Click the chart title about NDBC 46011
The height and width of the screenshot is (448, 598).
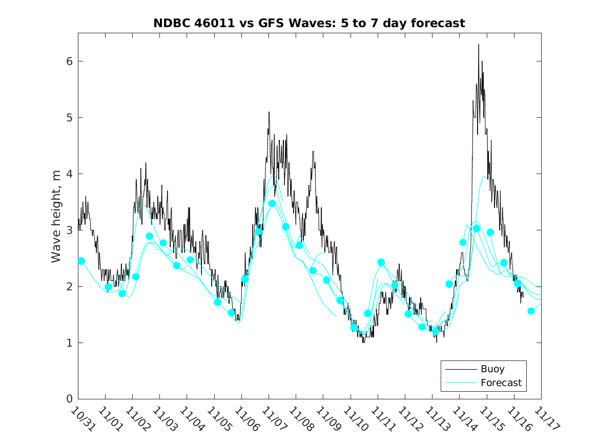(x=309, y=24)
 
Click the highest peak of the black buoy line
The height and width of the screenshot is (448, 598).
(x=479, y=45)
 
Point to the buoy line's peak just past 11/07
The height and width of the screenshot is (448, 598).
(x=269, y=112)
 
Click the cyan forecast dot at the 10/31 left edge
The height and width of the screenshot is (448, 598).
(x=81, y=261)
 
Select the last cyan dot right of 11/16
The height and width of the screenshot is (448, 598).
(x=531, y=311)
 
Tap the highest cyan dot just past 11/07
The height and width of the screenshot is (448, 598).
(x=272, y=204)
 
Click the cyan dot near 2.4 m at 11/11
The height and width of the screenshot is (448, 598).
(x=381, y=262)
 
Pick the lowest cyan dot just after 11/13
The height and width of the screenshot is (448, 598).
(x=436, y=331)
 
